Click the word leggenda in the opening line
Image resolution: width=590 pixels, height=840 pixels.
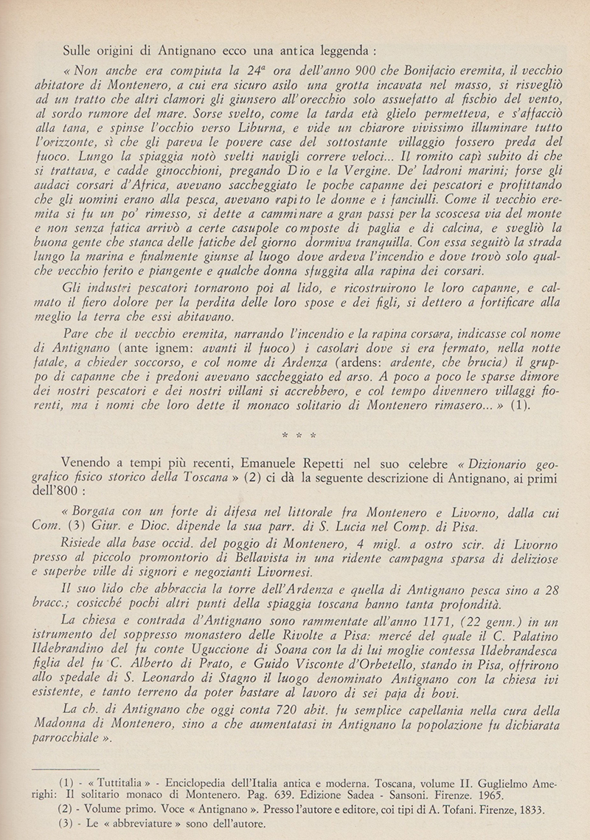[x=339, y=52]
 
